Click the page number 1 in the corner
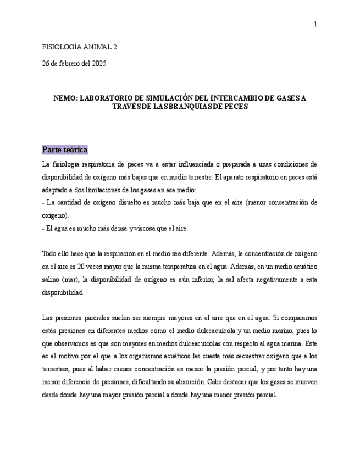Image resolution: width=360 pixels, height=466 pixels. point(315,24)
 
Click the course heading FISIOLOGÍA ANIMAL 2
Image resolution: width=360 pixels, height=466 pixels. point(80,47)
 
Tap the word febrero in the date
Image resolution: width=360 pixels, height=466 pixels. point(65,63)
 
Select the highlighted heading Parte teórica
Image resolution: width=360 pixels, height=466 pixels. point(65,150)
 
